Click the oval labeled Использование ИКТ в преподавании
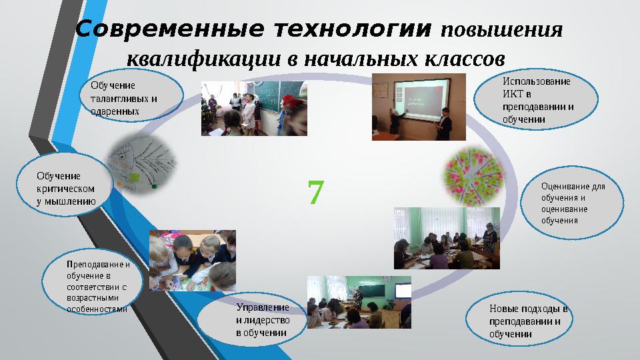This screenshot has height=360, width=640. [x=536, y=101]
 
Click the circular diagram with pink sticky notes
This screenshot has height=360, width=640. [x=471, y=175]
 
